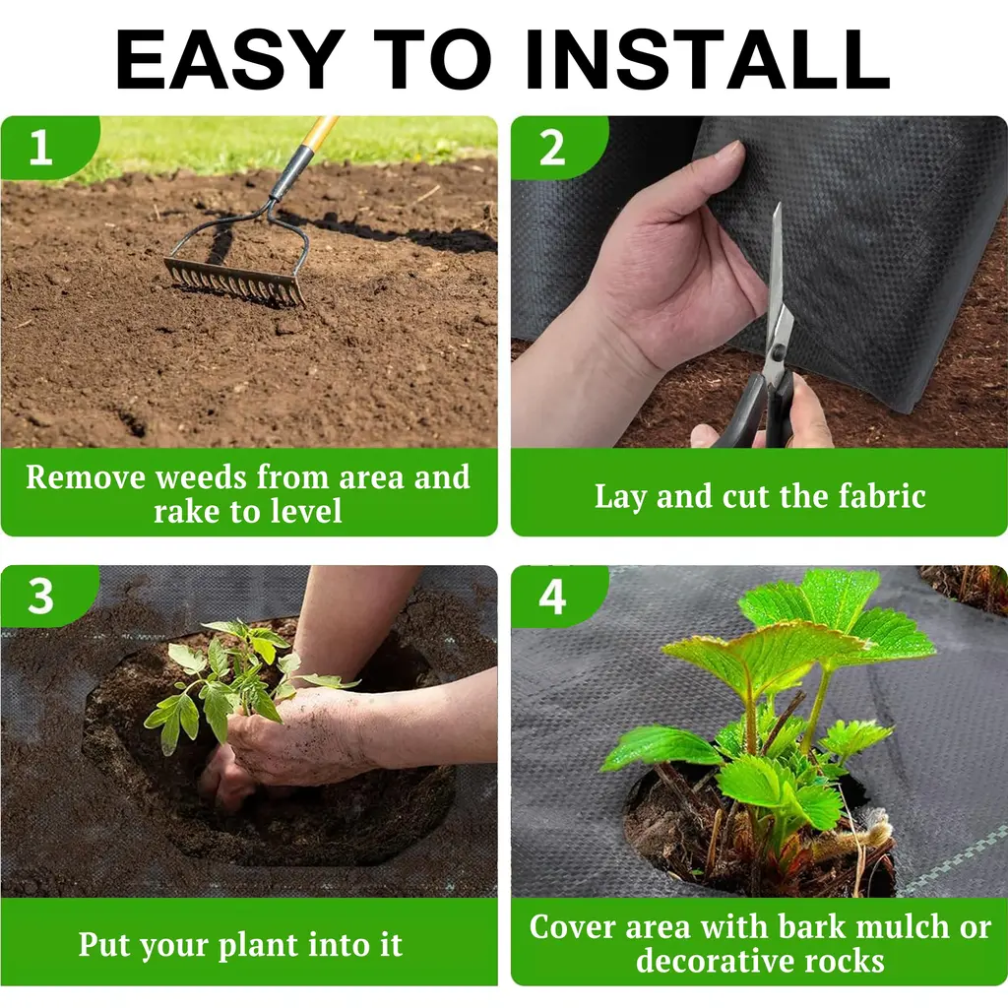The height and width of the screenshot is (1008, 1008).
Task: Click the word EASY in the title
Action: [x=229, y=59]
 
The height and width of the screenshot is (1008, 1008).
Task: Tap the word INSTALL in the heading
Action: [x=708, y=59]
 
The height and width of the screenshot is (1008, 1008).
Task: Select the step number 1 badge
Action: [x=41, y=148]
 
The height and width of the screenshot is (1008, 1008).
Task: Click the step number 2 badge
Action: [x=552, y=148]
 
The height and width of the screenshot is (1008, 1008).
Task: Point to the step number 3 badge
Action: [x=41, y=597]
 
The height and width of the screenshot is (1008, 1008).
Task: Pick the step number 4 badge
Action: [x=552, y=597]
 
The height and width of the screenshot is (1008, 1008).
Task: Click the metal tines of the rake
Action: [x=234, y=282]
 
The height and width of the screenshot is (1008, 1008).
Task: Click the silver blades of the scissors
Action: [x=777, y=289]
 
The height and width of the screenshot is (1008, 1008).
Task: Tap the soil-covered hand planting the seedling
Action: [x=289, y=739]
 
